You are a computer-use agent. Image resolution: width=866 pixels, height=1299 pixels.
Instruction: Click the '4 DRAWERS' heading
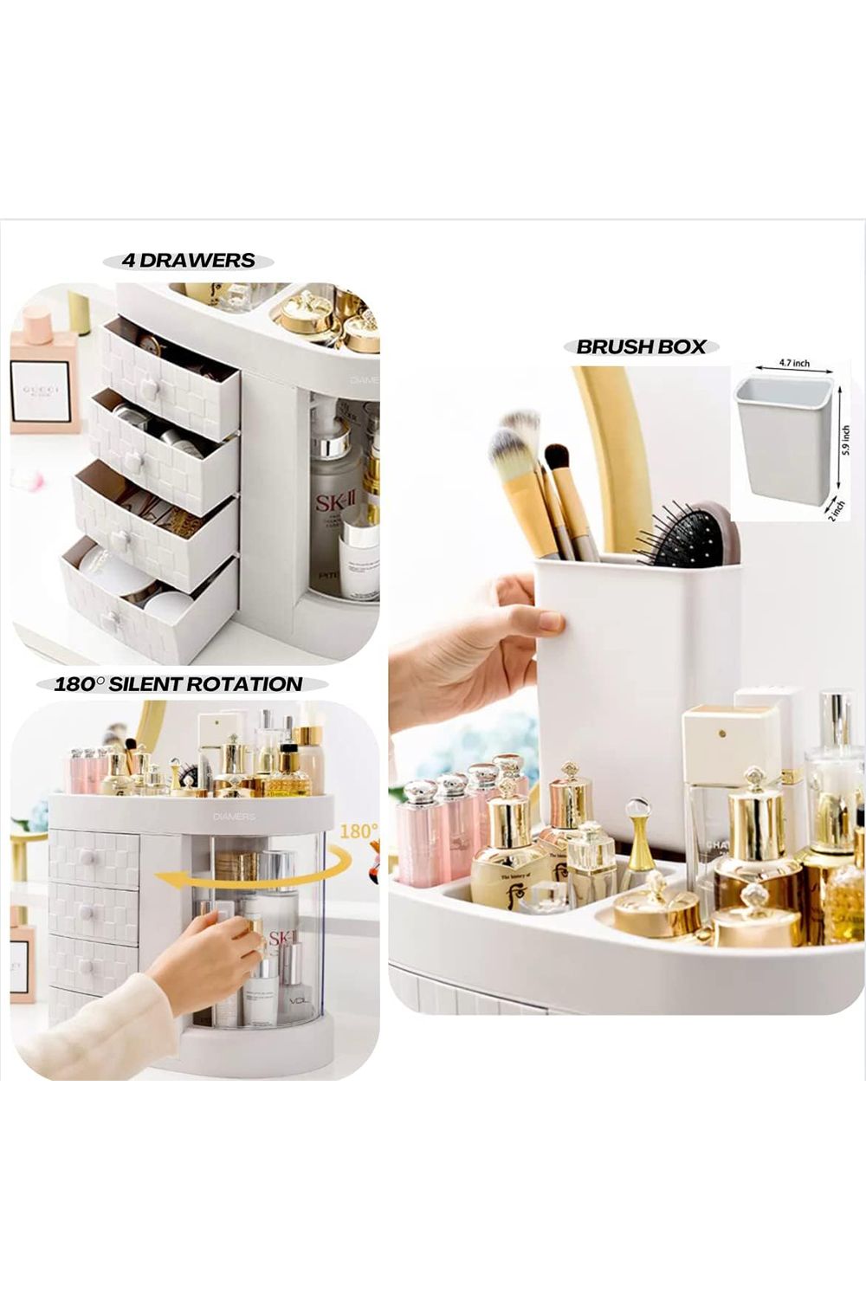coord(189,261)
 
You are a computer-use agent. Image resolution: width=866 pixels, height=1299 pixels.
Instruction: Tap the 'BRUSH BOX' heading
coord(642,347)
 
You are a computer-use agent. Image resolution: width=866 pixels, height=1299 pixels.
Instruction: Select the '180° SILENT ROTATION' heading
coord(178,684)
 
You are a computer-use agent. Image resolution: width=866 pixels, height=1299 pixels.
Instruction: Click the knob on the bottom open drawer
coord(110,619)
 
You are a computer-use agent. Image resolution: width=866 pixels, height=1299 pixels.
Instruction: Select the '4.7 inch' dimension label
coord(793,364)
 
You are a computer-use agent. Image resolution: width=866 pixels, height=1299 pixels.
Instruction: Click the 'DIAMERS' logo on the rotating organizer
coord(235,817)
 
